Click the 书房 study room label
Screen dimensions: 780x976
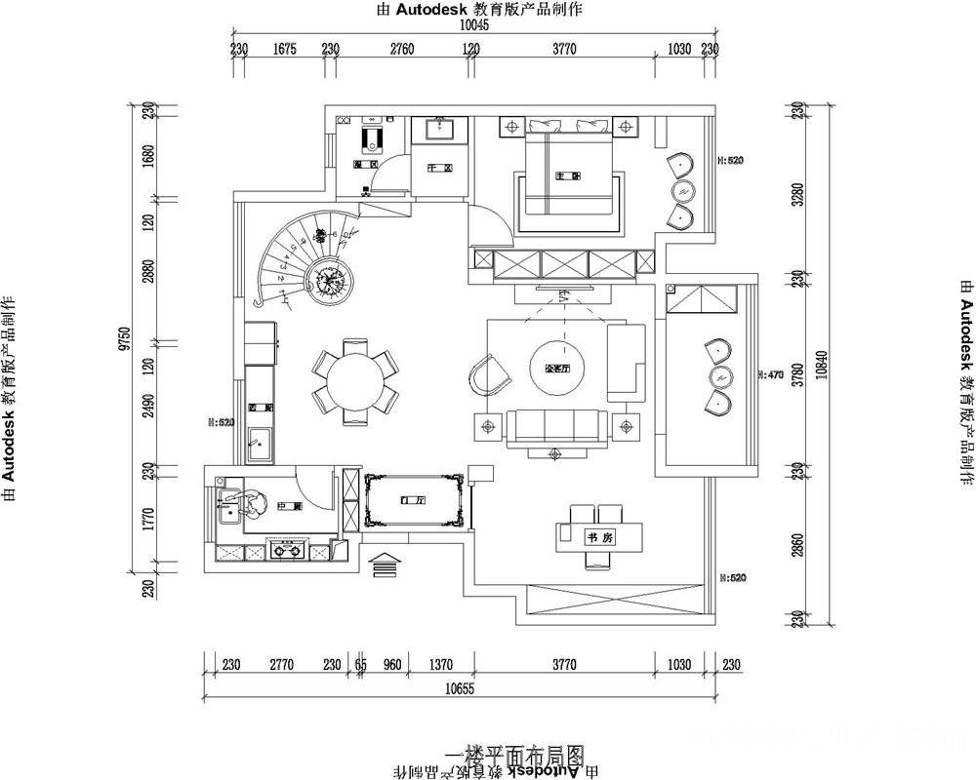[x=598, y=537]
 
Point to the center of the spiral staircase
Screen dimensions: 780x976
[x=327, y=279]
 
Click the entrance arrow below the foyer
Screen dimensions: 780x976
[x=386, y=564]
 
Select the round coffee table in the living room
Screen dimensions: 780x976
[x=553, y=367]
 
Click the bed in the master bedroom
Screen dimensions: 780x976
[x=569, y=173]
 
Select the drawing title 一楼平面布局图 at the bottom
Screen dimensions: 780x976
[x=515, y=755]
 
